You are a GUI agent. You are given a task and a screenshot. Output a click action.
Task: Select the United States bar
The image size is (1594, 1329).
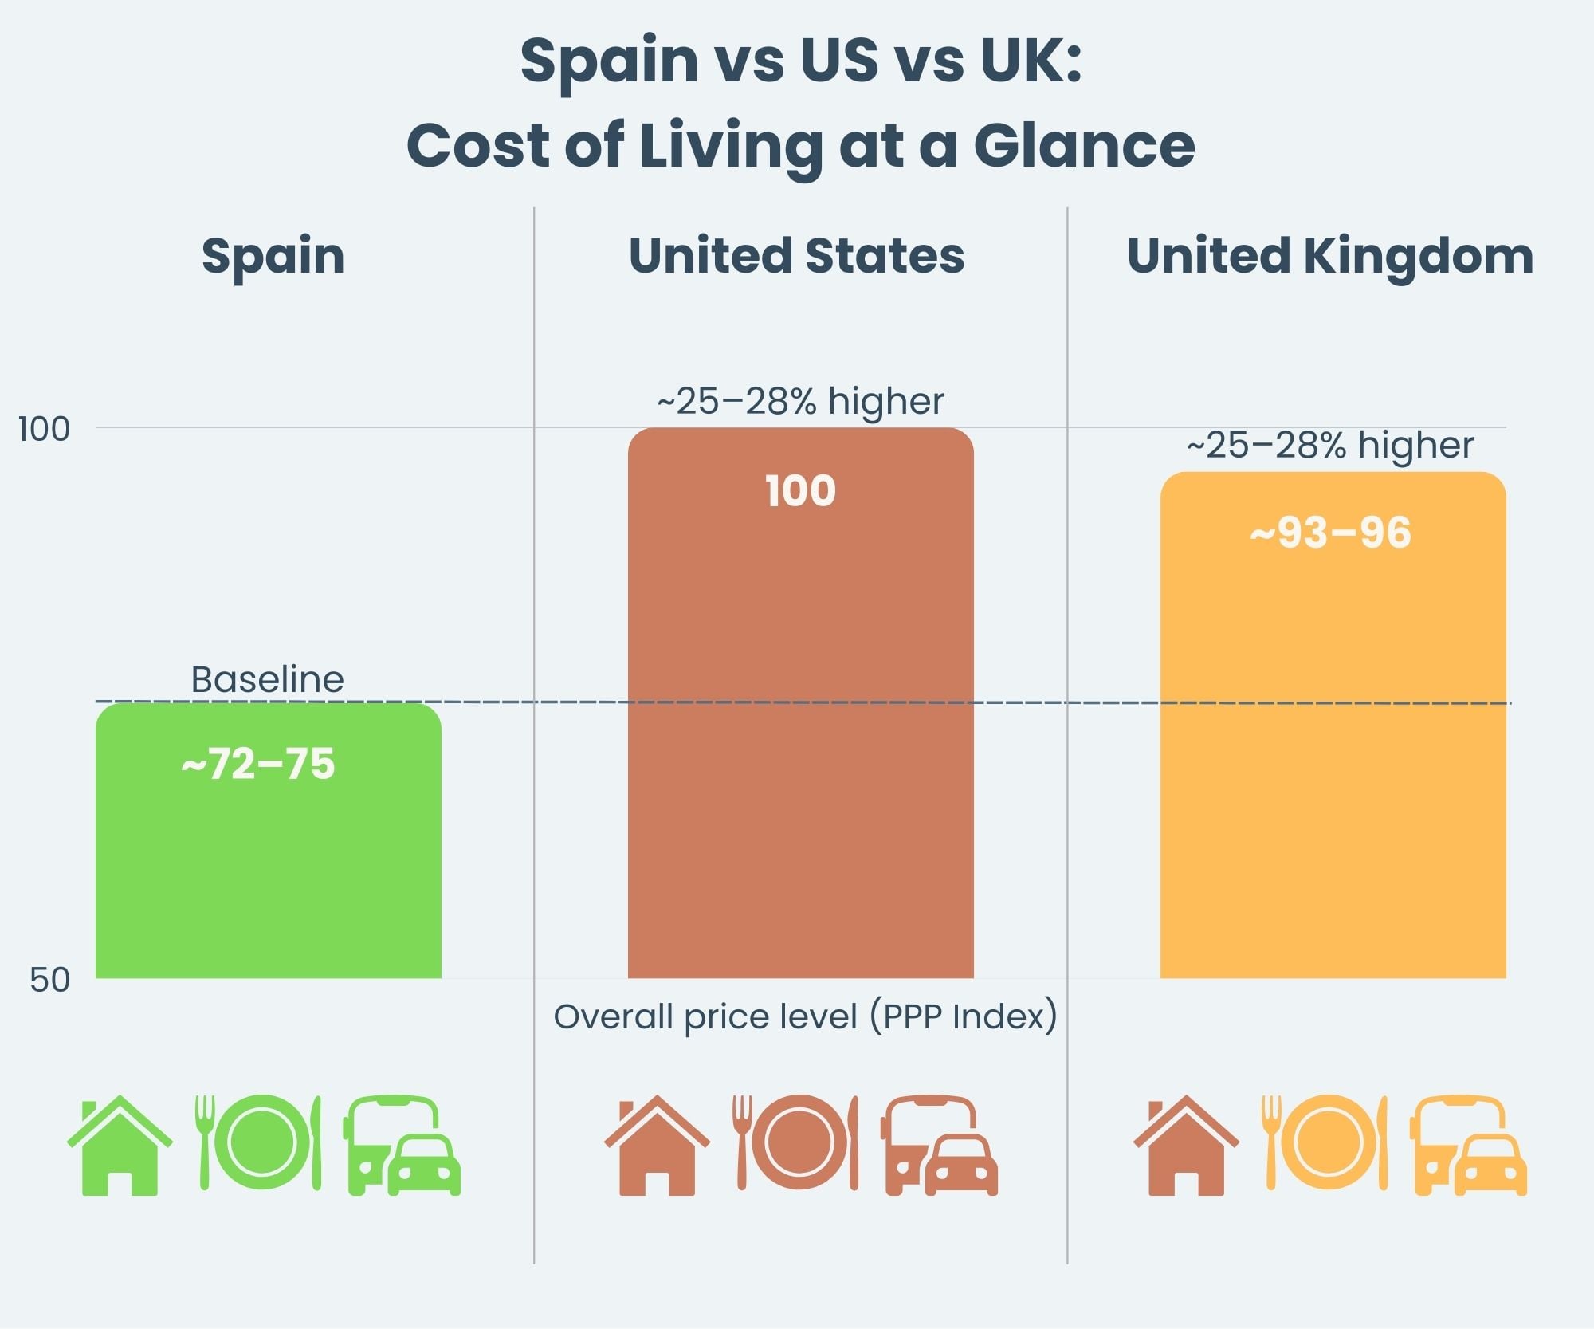[800, 718]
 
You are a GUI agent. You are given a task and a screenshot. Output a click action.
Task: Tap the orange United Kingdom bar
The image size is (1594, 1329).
[1333, 741]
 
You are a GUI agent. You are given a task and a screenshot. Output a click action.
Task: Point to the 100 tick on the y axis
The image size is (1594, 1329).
[44, 430]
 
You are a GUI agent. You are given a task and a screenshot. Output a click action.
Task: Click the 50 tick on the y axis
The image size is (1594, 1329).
[49, 980]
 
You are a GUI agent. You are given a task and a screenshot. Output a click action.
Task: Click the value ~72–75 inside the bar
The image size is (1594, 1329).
[258, 764]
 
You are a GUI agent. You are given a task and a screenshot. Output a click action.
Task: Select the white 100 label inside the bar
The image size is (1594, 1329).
[800, 490]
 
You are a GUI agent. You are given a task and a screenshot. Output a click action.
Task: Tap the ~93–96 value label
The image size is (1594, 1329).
[1330, 533]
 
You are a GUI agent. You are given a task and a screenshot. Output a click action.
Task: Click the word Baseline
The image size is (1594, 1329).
[267, 679]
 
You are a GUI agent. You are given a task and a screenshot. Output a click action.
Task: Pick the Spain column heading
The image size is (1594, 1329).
[273, 256]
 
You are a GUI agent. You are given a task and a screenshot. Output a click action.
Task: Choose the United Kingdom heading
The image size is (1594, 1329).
[1329, 256]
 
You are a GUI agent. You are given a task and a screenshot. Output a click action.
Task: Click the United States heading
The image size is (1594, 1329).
[796, 256]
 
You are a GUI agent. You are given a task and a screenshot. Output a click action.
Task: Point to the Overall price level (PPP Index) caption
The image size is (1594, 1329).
[805, 1016]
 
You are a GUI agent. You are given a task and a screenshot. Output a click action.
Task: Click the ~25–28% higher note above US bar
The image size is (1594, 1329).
[800, 400]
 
